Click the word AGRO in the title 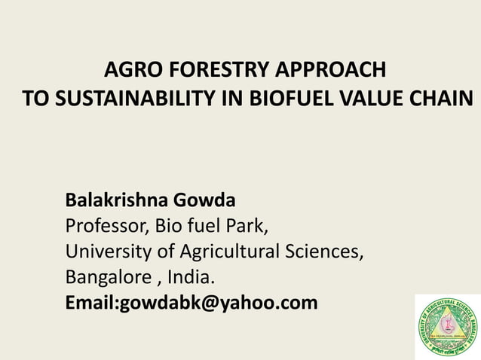click(129, 72)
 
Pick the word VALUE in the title click(370, 99)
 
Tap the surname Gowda click(205, 201)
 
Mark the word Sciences click(329, 252)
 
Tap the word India click(185, 277)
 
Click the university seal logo click(448, 326)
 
